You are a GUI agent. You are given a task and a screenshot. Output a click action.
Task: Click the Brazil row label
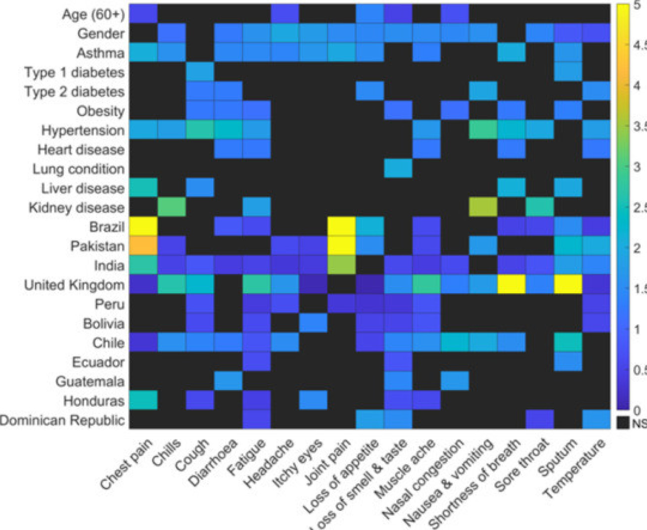pos(106,227)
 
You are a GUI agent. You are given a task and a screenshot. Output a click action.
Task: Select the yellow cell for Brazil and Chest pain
pos(143,227)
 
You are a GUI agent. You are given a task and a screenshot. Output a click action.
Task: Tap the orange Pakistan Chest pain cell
pos(143,246)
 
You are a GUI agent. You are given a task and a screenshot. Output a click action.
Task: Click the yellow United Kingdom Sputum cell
pos(568,285)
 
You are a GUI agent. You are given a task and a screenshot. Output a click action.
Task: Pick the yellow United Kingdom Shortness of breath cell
pos(511,285)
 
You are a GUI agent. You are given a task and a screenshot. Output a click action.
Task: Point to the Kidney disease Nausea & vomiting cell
pos(483,208)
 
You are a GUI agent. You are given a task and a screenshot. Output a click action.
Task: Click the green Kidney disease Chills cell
pos(172,208)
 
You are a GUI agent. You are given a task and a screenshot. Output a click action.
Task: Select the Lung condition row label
pos(78,169)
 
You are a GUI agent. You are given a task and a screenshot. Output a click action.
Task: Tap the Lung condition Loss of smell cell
pos(398,169)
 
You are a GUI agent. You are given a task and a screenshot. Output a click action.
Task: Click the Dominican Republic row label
pos(62,420)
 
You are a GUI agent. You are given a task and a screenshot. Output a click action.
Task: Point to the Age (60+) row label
pos(93,15)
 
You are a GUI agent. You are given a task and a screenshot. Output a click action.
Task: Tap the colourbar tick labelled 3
pos(637,167)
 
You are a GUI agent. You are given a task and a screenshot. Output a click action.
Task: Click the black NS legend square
pos(623,423)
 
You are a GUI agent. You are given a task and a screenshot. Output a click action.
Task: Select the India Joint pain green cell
pos(342,265)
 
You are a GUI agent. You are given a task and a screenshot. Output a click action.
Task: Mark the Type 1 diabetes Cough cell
pos(200,72)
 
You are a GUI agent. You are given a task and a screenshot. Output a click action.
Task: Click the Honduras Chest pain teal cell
pos(143,401)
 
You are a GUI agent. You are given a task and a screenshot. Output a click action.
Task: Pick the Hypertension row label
pos(83,131)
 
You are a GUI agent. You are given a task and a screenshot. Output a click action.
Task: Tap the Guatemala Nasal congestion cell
pos(455,382)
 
